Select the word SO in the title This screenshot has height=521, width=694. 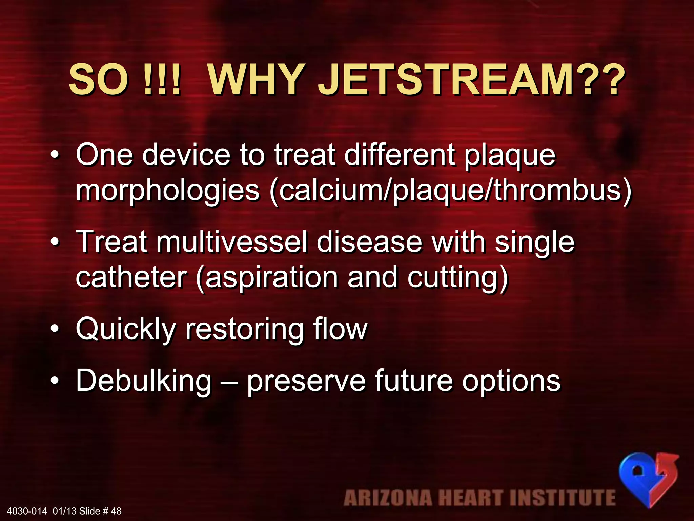[98, 80]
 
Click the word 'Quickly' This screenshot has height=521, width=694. [125, 329]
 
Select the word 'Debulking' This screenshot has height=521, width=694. [144, 381]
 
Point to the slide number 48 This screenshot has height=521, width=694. [116, 511]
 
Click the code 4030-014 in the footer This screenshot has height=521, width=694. [27, 511]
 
